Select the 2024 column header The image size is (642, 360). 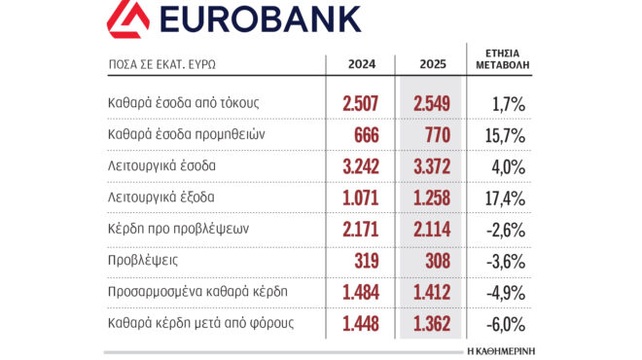click(x=362, y=64)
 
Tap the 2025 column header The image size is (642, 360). click(x=432, y=64)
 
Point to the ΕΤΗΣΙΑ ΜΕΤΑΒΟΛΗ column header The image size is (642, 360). click(x=503, y=58)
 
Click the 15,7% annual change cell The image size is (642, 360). click(x=505, y=133)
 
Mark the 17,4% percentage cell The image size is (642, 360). click(x=505, y=198)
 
